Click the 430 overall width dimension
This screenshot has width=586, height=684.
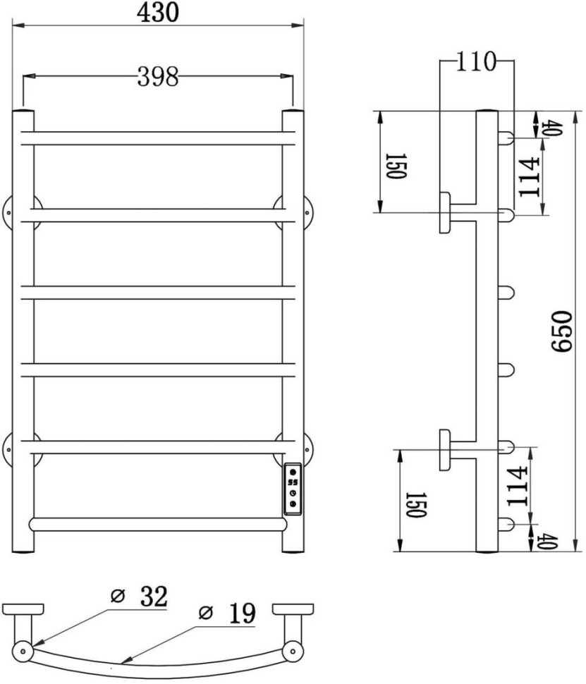pyautogui.click(x=158, y=11)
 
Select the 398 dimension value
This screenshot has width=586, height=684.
pyautogui.click(x=157, y=77)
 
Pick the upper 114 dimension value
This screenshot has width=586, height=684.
pyautogui.click(x=529, y=176)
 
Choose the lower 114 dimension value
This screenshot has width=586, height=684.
pyautogui.click(x=516, y=486)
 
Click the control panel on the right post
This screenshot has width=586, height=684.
pyautogui.click(x=293, y=487)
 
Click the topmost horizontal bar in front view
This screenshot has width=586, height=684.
pyautogui.click(x=158, y=138)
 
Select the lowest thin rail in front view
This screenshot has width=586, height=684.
pyautogui.click(x=157, y=525)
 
